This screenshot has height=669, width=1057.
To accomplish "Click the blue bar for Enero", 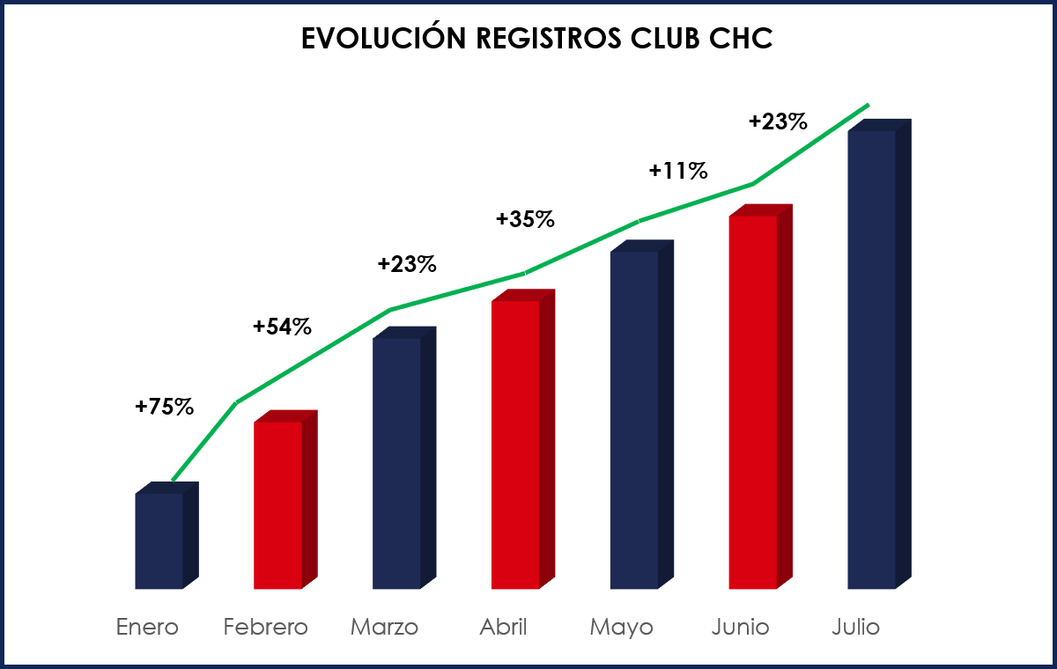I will [159, 540].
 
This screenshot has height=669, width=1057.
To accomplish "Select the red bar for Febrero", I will [278, 504].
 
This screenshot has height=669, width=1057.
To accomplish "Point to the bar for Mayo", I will [634, 419].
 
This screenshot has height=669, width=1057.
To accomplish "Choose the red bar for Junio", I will [753, 401].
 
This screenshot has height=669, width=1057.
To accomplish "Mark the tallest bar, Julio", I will [872, 359].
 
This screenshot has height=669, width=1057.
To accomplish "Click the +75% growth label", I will [164, 407].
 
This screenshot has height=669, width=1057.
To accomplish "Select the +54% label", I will [282, 327].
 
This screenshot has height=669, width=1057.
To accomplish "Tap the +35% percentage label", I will [525, 219].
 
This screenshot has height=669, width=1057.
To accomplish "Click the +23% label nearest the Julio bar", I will [778, 122].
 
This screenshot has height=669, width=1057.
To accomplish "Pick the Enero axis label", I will [147, 628].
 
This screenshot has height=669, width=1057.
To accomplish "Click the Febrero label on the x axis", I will [266, 628].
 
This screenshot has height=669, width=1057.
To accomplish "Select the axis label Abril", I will [504, 628].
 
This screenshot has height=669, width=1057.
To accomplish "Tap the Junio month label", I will [741, 628].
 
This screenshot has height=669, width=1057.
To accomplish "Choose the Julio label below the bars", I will [856, 628].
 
